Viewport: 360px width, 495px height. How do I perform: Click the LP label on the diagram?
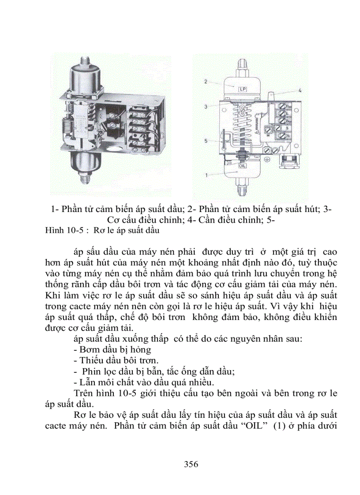(242, 89)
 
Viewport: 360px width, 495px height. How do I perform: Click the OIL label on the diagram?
(243, 166)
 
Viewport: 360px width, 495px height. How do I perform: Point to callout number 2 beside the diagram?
(206, 82)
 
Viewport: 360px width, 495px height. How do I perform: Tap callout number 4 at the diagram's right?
(300, 90)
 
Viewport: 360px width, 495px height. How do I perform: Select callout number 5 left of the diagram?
(206, 141)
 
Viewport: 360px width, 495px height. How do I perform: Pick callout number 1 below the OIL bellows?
(206, 175)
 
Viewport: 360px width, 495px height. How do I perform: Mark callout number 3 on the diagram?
(206, 107)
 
